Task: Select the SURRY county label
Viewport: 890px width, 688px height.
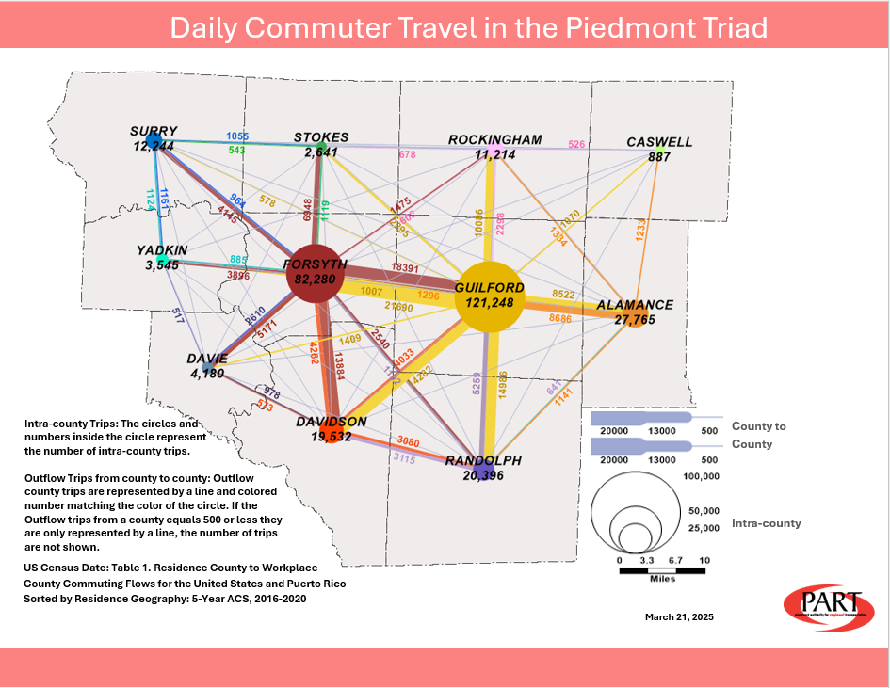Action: click(x=154, y=131)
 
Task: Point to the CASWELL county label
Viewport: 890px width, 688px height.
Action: click(x=659, y=142)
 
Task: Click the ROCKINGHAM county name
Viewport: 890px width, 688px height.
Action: click(x=494, y=139)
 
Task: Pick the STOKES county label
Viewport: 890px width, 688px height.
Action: click(x=321, y=137)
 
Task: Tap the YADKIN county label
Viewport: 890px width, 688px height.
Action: click(x=163, y=249)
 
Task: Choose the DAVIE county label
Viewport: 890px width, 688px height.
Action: click(x=207, y=359)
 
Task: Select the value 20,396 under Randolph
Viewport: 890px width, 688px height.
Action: click(x=483, y=475)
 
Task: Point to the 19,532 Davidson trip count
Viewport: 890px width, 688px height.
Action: click(x=331, y=437)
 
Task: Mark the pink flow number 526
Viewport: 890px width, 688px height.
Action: click(x=576, y=145)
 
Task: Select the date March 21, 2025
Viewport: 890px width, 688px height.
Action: click(x=679, y=617)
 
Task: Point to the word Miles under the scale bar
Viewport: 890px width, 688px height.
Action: click(x=662, y=579)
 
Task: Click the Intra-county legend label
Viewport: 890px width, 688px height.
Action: click(x=767, y=523)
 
